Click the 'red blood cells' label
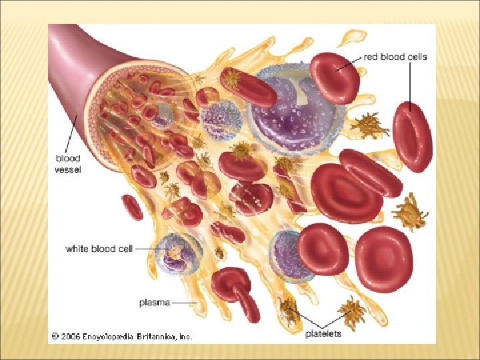pos(395,57)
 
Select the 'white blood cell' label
pos(99,249)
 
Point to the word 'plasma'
pos(154,303)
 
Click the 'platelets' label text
pos(323,333)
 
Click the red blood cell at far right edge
pos(412,137)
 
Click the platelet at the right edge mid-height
pos(408,212)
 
